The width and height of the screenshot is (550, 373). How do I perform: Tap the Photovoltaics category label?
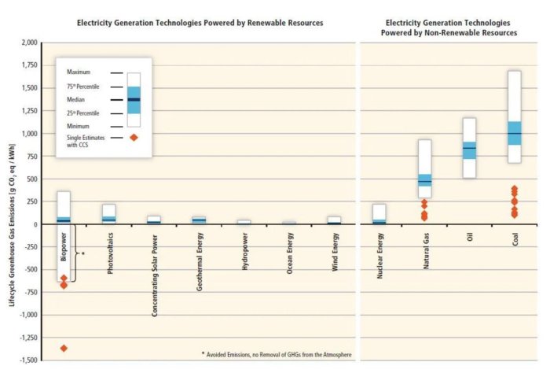pyautogui.click(x=109, y=252)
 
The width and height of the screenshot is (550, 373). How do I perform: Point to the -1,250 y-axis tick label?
pyautogui.click(x=29, y=337)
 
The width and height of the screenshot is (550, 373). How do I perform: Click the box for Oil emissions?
pyautogui.click(x=469, y=148)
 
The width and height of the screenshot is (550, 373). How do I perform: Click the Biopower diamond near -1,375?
pyautogui.click(x=64, y=348)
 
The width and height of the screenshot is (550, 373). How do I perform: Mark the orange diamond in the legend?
pyautogui.click(x=133, y=138)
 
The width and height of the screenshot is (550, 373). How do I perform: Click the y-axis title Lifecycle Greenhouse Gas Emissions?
pyautogui.click(x=10, y=201)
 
